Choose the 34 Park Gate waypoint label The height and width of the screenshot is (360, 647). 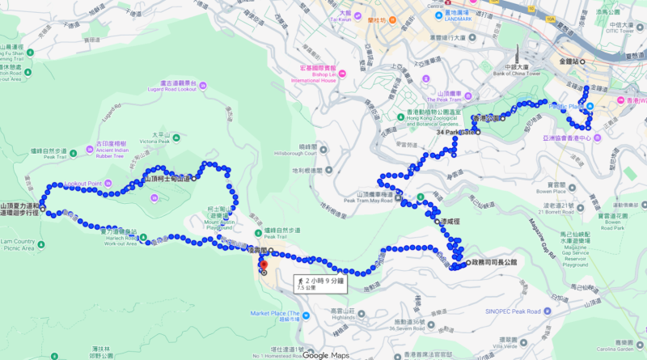coord(457,132)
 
